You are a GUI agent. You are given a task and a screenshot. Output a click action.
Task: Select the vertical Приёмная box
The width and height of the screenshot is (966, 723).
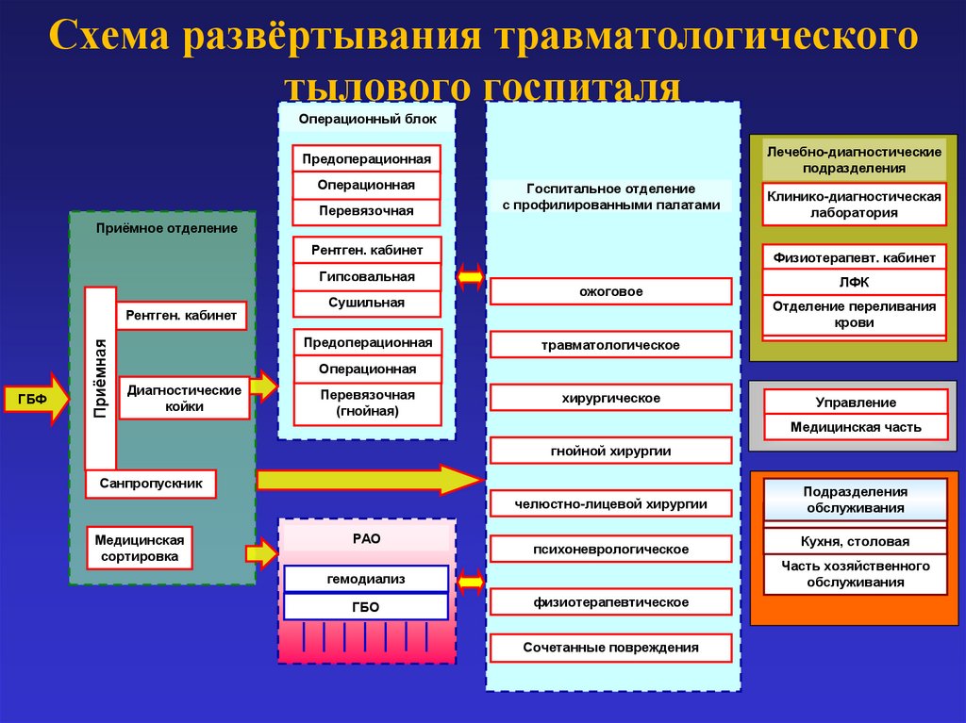[100, 378]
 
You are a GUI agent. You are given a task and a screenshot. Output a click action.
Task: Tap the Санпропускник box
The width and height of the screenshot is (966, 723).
[150, 485]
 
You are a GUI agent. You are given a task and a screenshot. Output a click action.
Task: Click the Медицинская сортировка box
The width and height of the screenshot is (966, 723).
[140, 548]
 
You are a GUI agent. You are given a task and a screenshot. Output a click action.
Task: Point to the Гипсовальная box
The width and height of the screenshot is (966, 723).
[366, 277]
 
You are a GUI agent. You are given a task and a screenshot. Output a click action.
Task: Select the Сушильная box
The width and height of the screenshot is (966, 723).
[366, 304]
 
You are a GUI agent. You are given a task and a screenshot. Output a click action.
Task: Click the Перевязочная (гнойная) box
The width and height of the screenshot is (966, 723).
[366, 403]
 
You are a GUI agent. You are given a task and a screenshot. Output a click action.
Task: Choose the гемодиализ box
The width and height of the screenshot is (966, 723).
[366, 579]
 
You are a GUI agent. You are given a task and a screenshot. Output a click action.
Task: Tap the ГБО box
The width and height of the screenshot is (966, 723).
[366, 607]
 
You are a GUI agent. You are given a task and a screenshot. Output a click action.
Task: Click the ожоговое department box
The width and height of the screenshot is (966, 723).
[610, 291]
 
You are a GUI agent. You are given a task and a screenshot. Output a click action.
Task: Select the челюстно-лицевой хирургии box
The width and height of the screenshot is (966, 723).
[610, 504]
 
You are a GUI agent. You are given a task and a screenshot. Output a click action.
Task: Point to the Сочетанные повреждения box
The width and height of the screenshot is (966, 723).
[610, 648]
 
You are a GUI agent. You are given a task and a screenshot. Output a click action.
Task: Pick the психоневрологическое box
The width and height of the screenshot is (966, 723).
[610, 549]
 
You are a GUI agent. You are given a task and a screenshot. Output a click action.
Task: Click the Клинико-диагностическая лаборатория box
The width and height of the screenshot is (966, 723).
[854, 205]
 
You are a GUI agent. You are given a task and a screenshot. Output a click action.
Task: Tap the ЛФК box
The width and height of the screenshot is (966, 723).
[854, 282]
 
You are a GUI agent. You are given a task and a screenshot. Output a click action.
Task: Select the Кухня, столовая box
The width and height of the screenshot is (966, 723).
[854, 541]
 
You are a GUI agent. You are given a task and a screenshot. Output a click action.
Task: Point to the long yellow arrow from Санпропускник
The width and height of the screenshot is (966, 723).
[369, 480]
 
